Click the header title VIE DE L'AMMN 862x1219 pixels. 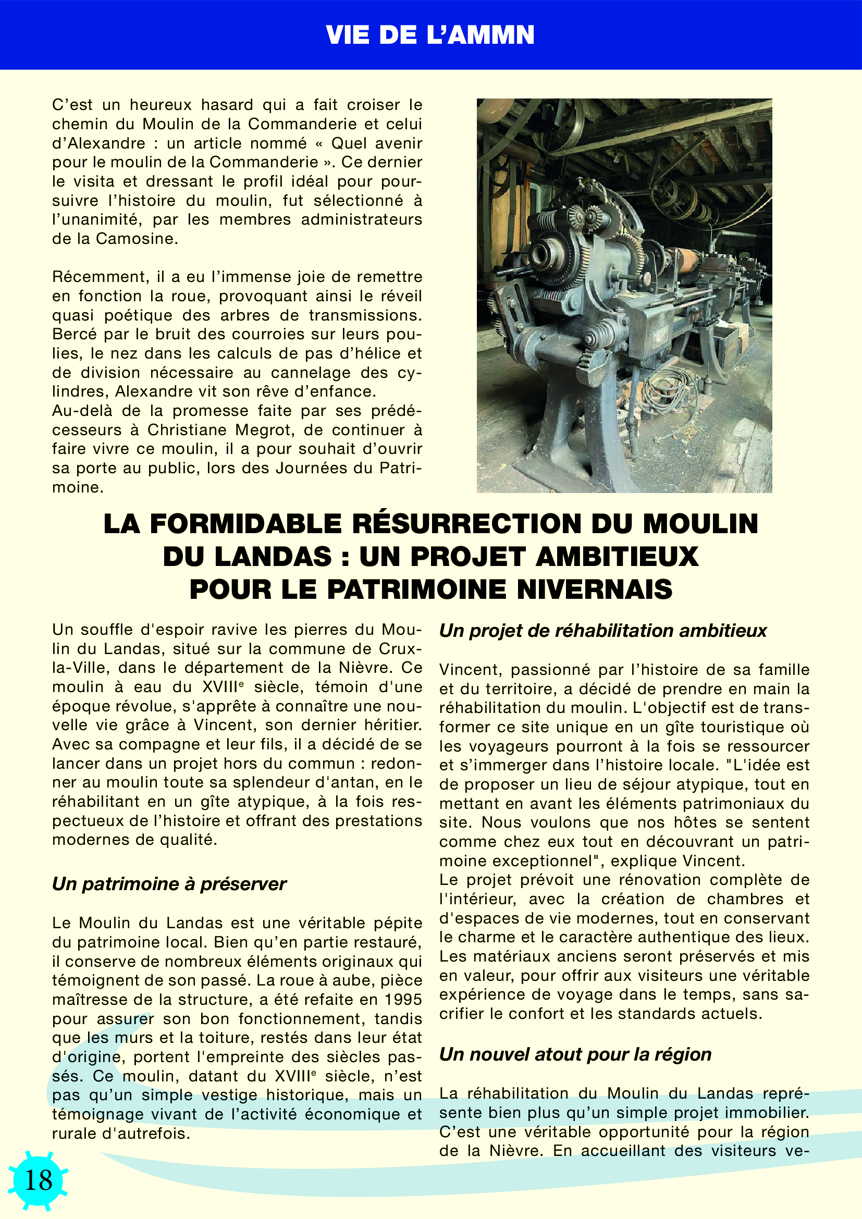coord(430,35)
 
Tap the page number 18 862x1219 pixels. coord(38,1180)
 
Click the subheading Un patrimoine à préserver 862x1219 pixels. coord(169,883)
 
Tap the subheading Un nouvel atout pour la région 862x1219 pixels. coord(575,1054)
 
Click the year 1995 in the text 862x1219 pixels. coord(403,1000)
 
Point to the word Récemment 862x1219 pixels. coord(99,277)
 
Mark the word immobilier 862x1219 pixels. coord(767,1112)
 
